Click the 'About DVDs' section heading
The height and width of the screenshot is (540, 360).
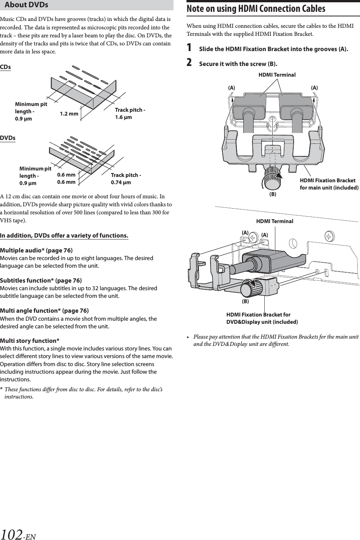pyautogui.click(x=27, y=5)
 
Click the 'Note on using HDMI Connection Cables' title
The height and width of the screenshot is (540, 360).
pyautogui.click(x=256, y=9)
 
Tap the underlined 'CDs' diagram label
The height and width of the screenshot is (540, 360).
pyautogui.click(x=5, y=67)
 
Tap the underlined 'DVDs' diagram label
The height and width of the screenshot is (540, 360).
pyautogui.click(x=8, y=138)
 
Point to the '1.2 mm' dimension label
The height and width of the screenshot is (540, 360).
pyautogui.click(x=69, y=114)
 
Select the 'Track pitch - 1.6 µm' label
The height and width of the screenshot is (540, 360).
pyautogui.click(x=130, y=114)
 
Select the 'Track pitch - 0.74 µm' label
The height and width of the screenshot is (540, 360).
pyautogui.click(x=126, y=178)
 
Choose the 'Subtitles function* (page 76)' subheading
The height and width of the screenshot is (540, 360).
pyautogui.click(x=41, y=281)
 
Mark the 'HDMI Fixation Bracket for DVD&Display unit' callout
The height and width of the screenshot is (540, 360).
pyautogui.click(x=262, y=318)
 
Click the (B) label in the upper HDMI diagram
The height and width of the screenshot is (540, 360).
pyautogui.click(x=273, y=194)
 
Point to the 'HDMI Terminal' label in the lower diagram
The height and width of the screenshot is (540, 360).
pyautogui.click(x=275, y=221)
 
